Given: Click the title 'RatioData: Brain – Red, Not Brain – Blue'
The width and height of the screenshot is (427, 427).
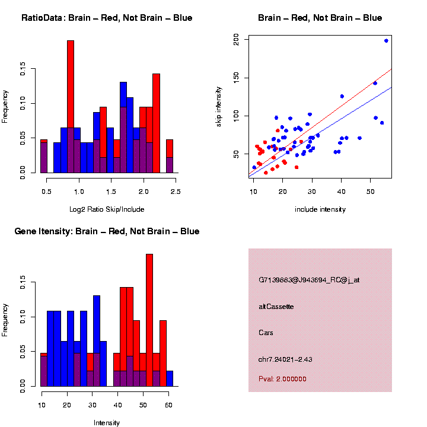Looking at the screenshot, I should [x=107, y=18].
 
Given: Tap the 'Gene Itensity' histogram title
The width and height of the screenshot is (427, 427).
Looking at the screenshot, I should [x=107, y=231].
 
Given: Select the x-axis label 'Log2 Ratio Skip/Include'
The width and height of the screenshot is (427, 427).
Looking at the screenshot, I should [x=107, y=209].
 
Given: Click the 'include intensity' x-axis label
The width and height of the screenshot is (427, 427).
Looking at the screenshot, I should [x=320, y=209].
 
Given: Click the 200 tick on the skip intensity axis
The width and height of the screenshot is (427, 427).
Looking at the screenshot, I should [x=236, y=39].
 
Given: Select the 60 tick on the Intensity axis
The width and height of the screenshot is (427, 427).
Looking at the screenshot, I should [x=168, y=405].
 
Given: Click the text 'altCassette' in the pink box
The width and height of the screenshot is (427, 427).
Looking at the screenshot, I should [x=276, y=307].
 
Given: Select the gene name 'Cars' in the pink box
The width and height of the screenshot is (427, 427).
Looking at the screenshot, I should [x=266, y=333].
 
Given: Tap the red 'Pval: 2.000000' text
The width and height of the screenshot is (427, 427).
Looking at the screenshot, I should [x=282, y=378].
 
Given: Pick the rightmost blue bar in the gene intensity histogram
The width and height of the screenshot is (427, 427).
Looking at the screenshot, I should [x=170, y=378].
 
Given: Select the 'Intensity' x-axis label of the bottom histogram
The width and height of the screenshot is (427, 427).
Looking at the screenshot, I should [x=107, y=422].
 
